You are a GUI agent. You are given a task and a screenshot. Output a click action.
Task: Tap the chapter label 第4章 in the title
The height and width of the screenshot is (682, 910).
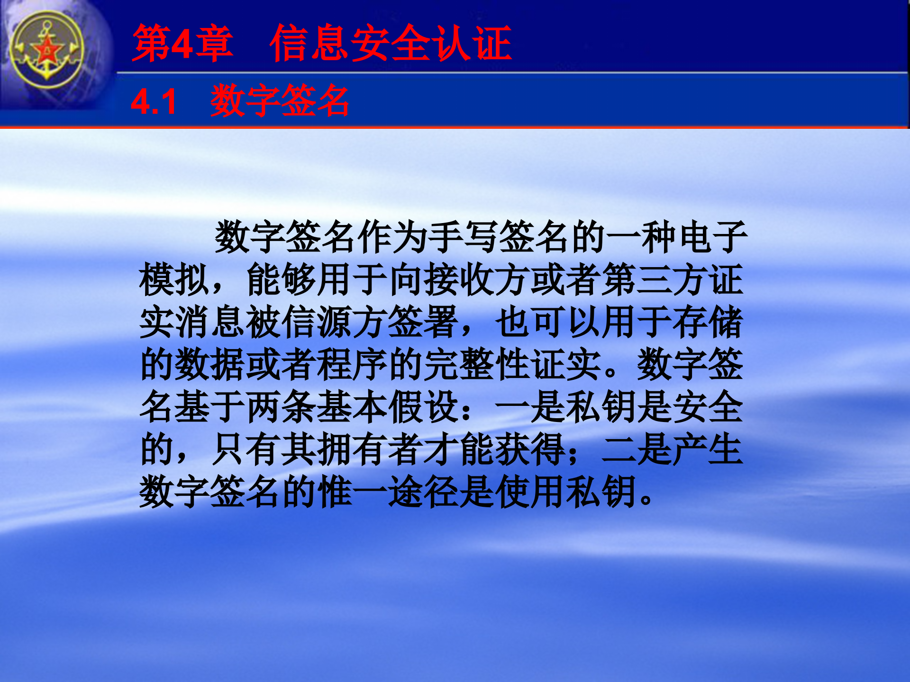tap(182, 44)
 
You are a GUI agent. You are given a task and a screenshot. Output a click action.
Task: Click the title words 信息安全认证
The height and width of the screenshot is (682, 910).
tap(391, 44)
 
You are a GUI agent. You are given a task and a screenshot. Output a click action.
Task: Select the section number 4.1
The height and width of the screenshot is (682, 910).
tap(154, 102)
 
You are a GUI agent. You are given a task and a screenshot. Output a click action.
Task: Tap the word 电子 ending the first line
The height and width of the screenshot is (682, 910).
tap(713, 237)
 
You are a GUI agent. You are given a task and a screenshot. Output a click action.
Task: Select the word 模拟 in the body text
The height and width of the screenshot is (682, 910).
tap(174, 279)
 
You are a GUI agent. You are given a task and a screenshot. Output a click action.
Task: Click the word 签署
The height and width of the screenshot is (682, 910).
tap(424, 322)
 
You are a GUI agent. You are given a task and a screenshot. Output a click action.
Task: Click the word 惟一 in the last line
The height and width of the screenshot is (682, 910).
tap(353, 492)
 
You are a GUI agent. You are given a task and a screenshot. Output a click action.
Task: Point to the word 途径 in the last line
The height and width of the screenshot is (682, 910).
tap(424, 492)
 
